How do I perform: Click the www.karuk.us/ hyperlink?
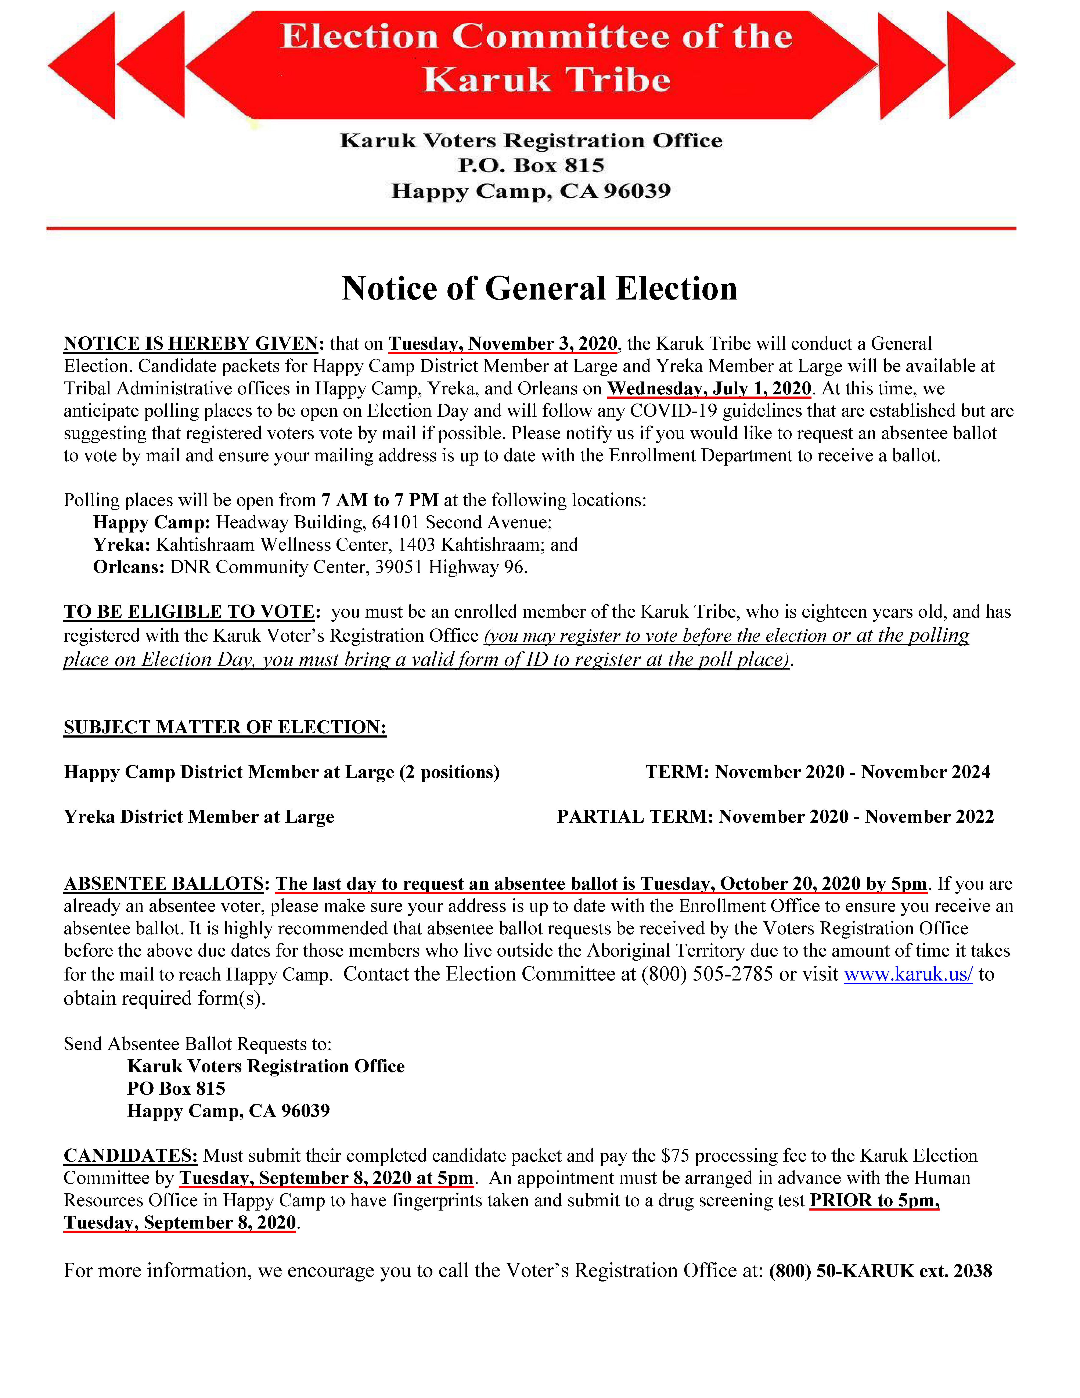tap(908, 974)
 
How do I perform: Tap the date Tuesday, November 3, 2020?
tap(503, 344)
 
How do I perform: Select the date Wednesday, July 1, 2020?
tap(709, 388)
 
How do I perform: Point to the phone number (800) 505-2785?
tap(707, 974)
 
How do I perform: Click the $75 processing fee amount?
tap(675, 1155)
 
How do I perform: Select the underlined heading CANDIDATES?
tap(130, 1155)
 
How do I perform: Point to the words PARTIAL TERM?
tap(635, 817)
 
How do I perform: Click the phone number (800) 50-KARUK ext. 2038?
tap(880, 1271)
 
